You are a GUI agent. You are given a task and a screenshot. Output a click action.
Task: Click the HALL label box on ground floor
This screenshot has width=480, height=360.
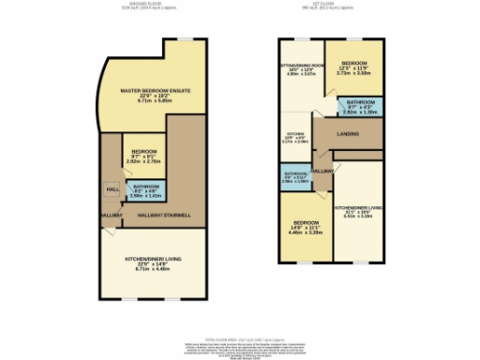pos(112,190)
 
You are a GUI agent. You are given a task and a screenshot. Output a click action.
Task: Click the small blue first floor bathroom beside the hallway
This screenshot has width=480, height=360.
pos(294,175)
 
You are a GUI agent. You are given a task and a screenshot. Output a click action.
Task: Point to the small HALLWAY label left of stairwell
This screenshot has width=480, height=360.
pos(109,216)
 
